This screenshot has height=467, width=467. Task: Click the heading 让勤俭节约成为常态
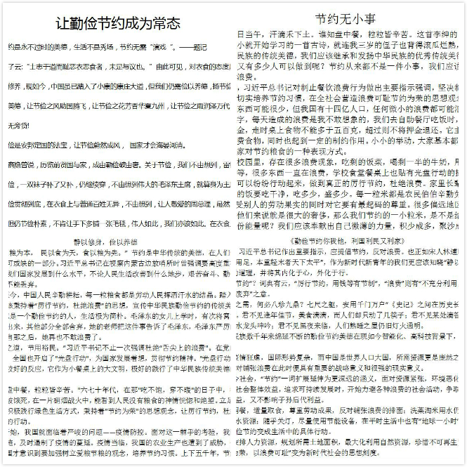point(117,21)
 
